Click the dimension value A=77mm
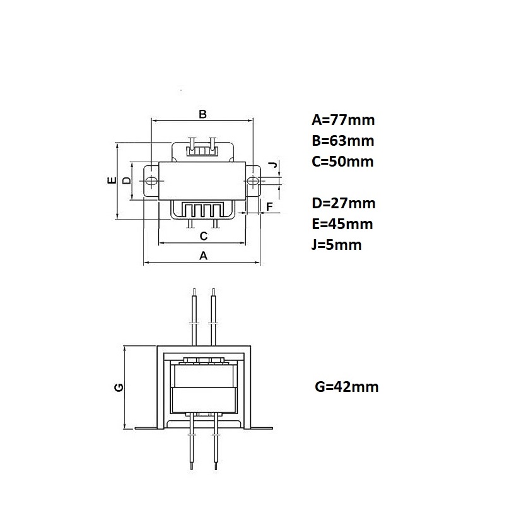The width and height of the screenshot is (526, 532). pyautogui.click(x=343, y=120)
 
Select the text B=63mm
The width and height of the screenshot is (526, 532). pyautogui.click(x=343, y=141)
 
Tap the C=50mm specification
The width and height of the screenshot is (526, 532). pyautogui.click(x=342, y=162)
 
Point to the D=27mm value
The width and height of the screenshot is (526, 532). pyautogui.click(x=344, y=203)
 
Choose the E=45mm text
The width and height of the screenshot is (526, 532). pyautogui.click(x=342, y=224)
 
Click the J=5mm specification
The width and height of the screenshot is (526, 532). pyautogui.click(x=336, y=245)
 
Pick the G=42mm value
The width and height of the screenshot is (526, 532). pyautogui.click(x=347, y=387)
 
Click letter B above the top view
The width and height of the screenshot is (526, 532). pyautogui.click(x=202, y=114)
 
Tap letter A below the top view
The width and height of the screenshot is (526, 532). pyautogui.click(x=203, y=256)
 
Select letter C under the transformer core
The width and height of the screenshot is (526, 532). pyautogui.click(x=204, y=236)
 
